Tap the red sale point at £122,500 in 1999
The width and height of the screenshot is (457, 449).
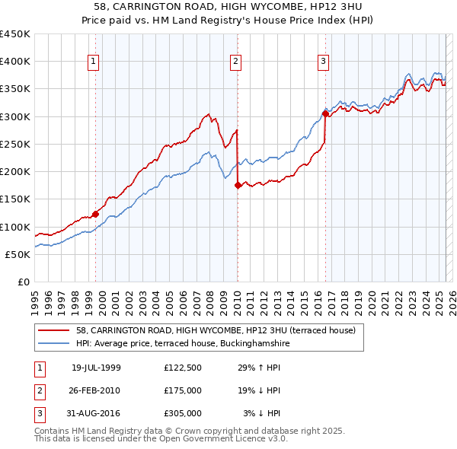coord(96,214)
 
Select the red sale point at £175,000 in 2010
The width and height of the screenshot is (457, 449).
coord(238,185)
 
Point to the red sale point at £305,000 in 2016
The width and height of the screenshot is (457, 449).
coord(325,114)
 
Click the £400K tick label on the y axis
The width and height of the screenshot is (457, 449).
coord(15,62)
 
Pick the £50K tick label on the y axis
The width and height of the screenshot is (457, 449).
coord(18,254)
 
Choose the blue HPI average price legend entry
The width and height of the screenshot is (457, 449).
coord(183,344)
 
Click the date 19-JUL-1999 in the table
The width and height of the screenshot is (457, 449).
coord(96,368)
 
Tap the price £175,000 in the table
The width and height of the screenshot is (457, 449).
coord(182,390)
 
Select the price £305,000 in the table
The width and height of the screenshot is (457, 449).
coord(182,413)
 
